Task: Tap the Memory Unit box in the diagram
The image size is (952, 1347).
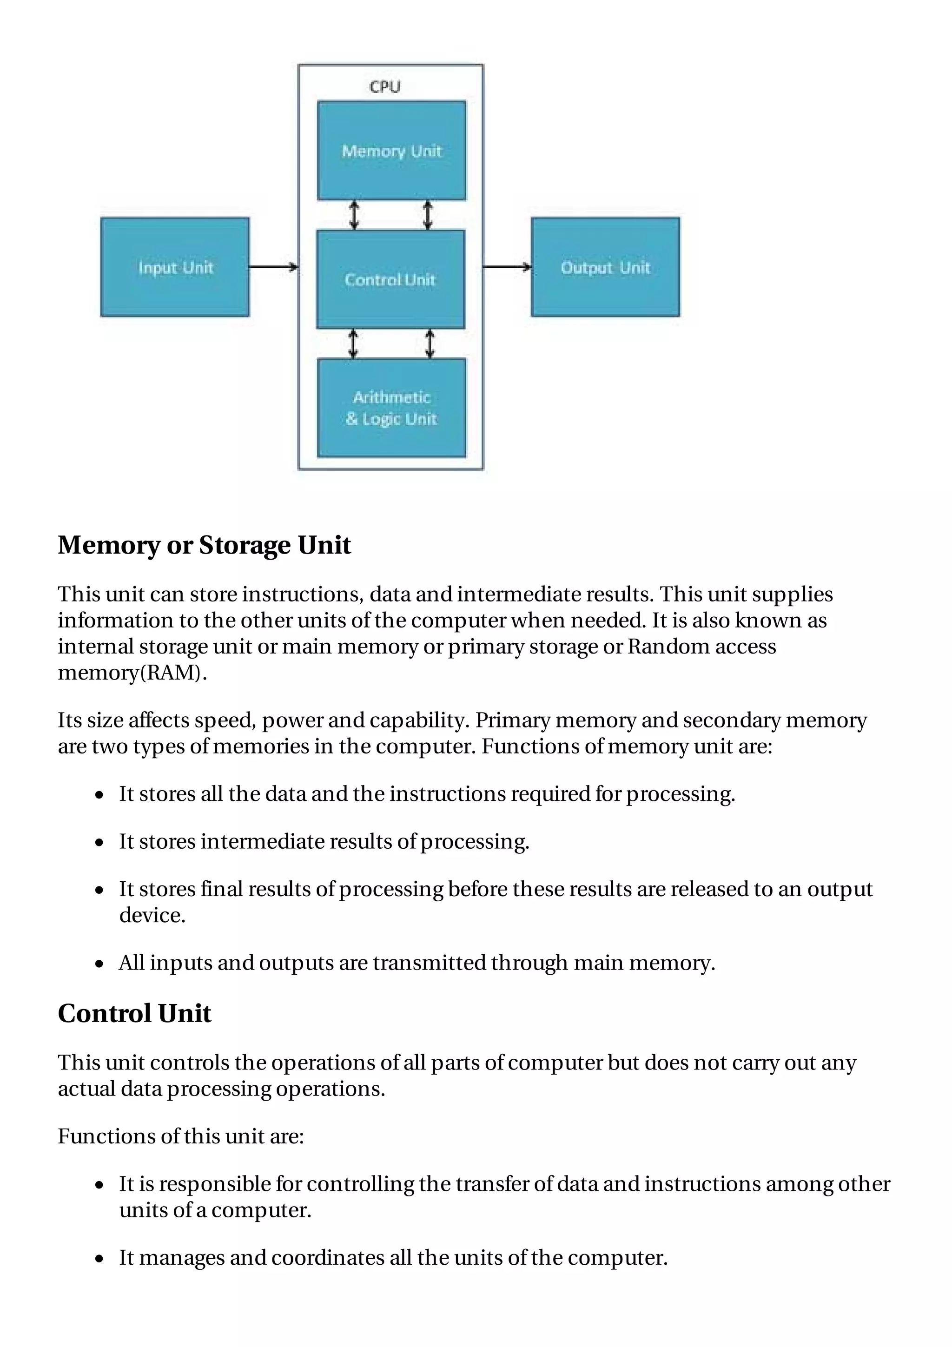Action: tap(391, 151)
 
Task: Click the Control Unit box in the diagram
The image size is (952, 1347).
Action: tap(390, 279)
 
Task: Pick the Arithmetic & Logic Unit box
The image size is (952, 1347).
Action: tap(391, 408)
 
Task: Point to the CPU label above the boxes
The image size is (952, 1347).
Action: tap(385, 87)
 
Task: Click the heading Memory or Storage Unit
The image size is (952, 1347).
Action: tap(204, 545)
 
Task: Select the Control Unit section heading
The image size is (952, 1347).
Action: tap(134, 1014)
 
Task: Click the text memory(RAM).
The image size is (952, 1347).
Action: tap(132, 672)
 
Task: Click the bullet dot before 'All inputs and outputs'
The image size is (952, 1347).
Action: tap(100, 964)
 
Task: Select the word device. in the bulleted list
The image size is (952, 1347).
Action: tap(152, 916)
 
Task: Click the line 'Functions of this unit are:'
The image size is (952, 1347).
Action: tap(181, 1136)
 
